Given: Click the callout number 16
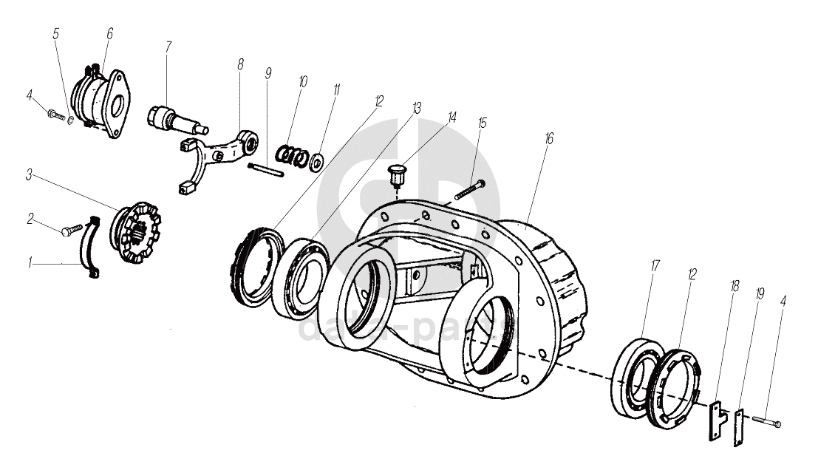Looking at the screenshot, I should tap(549, 139).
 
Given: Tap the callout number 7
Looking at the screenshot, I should tap(168, 47).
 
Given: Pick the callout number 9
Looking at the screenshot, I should tap(268, 73).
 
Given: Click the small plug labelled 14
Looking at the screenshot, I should tap(398, 178).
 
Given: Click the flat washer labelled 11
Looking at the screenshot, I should tap(319, 159).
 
